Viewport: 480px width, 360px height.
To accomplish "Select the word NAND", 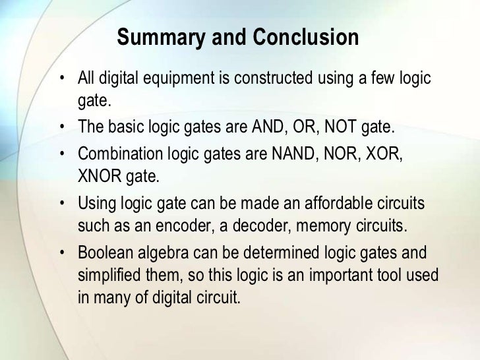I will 291,154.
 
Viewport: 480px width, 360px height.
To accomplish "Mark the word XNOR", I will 98,176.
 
